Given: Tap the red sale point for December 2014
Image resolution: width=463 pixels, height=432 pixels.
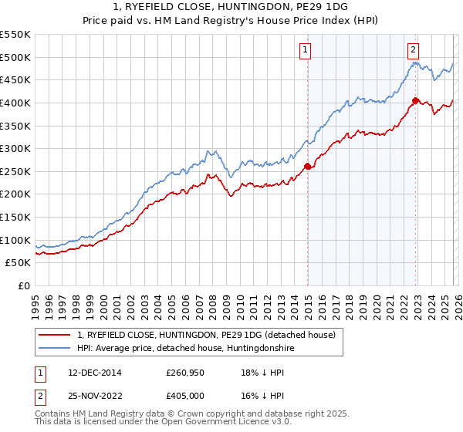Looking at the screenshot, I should [x=308, y=166].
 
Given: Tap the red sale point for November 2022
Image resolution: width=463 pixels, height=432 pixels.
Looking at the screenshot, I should [x=416, y=100].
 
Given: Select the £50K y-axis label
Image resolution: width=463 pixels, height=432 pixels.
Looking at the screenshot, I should [x=18, y=263].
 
